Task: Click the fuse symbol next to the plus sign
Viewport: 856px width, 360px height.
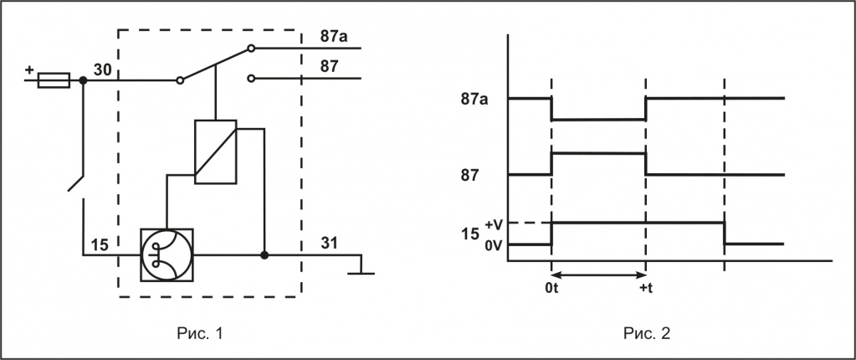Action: click(54, 81)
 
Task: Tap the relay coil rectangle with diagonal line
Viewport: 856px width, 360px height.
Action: click(215, 151)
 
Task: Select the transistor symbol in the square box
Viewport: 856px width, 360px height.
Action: click(167, 253)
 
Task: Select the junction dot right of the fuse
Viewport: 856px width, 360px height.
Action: click(83, 81)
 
